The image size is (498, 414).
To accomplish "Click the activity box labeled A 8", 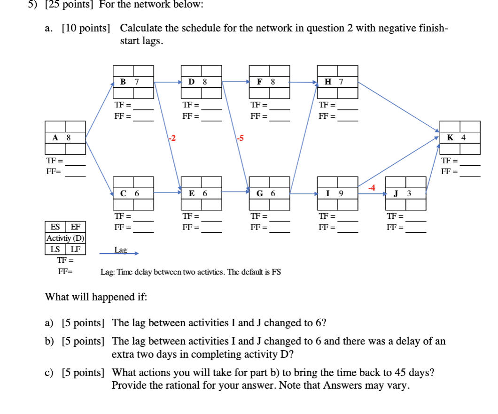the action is click(x=65, y=138).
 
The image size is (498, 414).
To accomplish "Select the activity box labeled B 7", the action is click(x=133, y=82).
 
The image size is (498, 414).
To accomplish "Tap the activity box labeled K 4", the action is click(x=459, y=138).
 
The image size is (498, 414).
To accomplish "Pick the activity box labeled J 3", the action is click(x=405, y=193).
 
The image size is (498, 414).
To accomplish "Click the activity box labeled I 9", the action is click(x=337, y=193).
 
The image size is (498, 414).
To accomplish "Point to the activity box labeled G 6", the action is click(x=269, y=193).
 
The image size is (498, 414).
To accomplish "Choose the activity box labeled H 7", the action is click(x=337, y=82).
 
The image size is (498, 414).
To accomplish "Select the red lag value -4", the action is click(x=372, y=188).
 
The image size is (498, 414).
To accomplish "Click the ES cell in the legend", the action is click(x=55, y=227).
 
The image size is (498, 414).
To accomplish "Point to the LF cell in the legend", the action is click(x=75, y=249).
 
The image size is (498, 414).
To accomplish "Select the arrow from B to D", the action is click(x=168, y=82).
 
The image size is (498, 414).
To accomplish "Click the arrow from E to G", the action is click(x=235, y=192).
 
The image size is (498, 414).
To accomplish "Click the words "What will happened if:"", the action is click(x=96, y=297).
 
